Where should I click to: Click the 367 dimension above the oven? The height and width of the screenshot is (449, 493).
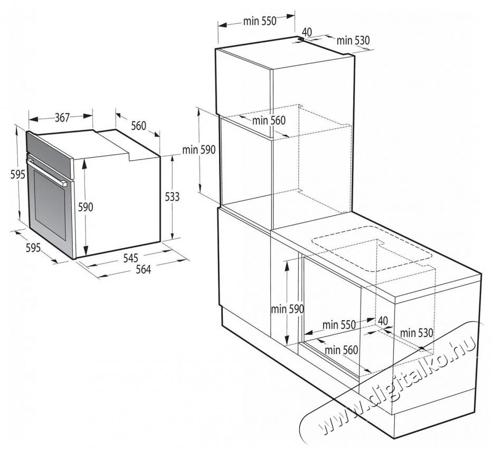pos(62,118)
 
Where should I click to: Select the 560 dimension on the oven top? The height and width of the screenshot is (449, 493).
pos(139,126)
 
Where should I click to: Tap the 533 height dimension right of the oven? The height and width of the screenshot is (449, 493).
pos(172,197)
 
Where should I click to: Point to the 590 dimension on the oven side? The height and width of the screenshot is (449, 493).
pos(86,207)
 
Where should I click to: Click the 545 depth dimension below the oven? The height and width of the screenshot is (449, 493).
pos(130,258)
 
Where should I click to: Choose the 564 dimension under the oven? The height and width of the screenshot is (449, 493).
pos(143,269)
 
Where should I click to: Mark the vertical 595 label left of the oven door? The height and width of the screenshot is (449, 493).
pos(17,174)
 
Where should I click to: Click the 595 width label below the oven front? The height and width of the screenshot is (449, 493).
pos(33,248)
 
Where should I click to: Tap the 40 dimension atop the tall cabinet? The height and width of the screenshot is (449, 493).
pos(307,32)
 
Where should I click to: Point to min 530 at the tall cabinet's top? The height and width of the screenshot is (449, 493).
pos(353,41)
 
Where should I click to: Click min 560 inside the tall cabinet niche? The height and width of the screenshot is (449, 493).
pos(269,120)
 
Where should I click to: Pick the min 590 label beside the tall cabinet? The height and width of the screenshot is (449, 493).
pos(199,150)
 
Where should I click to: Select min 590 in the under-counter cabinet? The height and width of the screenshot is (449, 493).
pos(287,309)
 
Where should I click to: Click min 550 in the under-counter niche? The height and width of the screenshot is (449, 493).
pos(339,324)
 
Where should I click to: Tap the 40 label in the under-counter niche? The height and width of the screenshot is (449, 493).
pos(383,321)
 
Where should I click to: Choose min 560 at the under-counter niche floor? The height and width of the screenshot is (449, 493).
pos(342,350)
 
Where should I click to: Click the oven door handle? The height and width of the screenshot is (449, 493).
pos(47,172)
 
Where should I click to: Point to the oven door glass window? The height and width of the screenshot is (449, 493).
pos(50,205)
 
